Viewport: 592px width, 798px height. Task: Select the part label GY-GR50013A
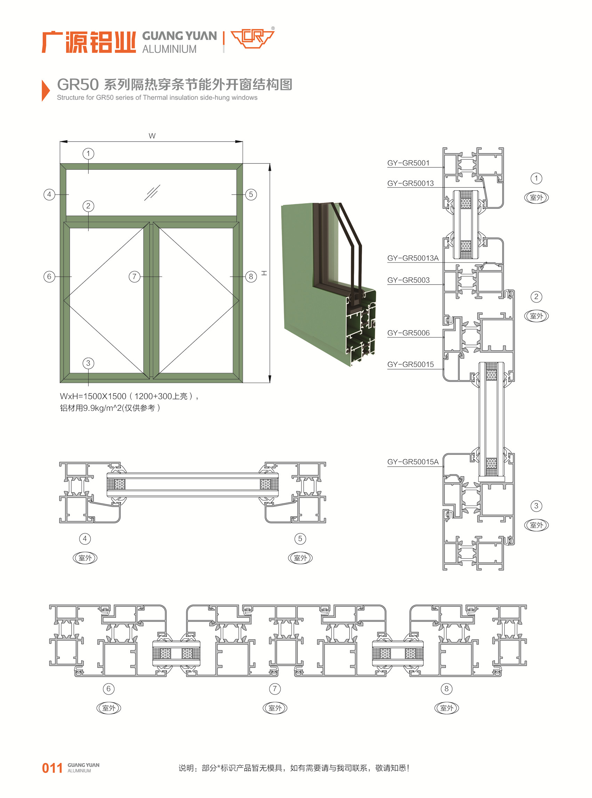[413, 258]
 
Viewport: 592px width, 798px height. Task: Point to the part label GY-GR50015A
[413, 462]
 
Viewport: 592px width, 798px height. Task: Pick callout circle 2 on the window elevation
[88, 206]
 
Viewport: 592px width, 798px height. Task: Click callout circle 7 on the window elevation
[134, 276]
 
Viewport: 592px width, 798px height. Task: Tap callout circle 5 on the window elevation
[251, 194]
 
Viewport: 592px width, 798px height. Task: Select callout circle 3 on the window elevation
[88, 363]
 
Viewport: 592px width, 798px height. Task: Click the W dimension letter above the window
[152, 136]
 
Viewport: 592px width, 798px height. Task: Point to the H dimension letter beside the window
[264, 273]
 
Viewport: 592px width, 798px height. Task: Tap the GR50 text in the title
[78, 85]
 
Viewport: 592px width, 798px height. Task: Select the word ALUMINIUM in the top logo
[169, 49]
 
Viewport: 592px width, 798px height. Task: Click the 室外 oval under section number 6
[109, 708]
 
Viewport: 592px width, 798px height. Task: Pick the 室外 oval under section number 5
[300, 558]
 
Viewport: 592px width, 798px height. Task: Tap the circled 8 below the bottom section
[447, 689]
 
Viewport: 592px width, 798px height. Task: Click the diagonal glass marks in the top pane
[152, 193]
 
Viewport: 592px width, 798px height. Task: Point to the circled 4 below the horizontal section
[85, 538]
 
